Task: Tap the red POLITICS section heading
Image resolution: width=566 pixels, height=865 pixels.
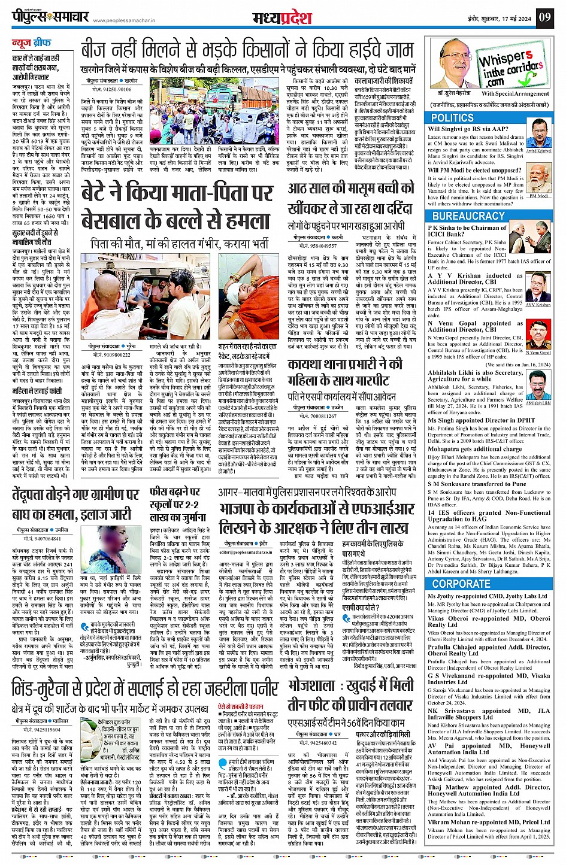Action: click(x=452, y=118)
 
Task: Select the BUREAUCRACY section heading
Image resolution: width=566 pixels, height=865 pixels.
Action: click(x=468, y=216)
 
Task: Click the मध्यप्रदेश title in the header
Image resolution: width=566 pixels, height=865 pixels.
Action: click(x=282, y=18)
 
